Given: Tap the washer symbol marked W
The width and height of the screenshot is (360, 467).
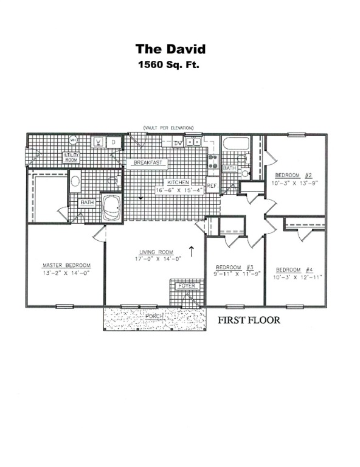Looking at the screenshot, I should click(98, 142).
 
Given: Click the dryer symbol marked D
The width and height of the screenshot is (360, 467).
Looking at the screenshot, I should click(112, 142).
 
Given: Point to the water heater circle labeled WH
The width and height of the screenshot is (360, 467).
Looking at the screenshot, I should click(73, 140).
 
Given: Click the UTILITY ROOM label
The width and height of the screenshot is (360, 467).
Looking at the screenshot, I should click(72, 157).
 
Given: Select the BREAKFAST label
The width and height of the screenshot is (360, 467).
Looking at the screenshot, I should click(147, 163).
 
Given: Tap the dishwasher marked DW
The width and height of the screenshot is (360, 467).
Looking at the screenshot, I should click(178, 143).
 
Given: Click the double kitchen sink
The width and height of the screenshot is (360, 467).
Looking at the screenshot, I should click(194, 142).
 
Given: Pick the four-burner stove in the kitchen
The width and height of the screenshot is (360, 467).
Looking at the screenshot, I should click(213, 161).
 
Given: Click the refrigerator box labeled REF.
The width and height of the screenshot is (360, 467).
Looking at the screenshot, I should click(212, 185).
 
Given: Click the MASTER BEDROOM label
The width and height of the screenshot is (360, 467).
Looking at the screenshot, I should click(66, 265).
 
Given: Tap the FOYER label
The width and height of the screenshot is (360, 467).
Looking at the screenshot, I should click(185, 286).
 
